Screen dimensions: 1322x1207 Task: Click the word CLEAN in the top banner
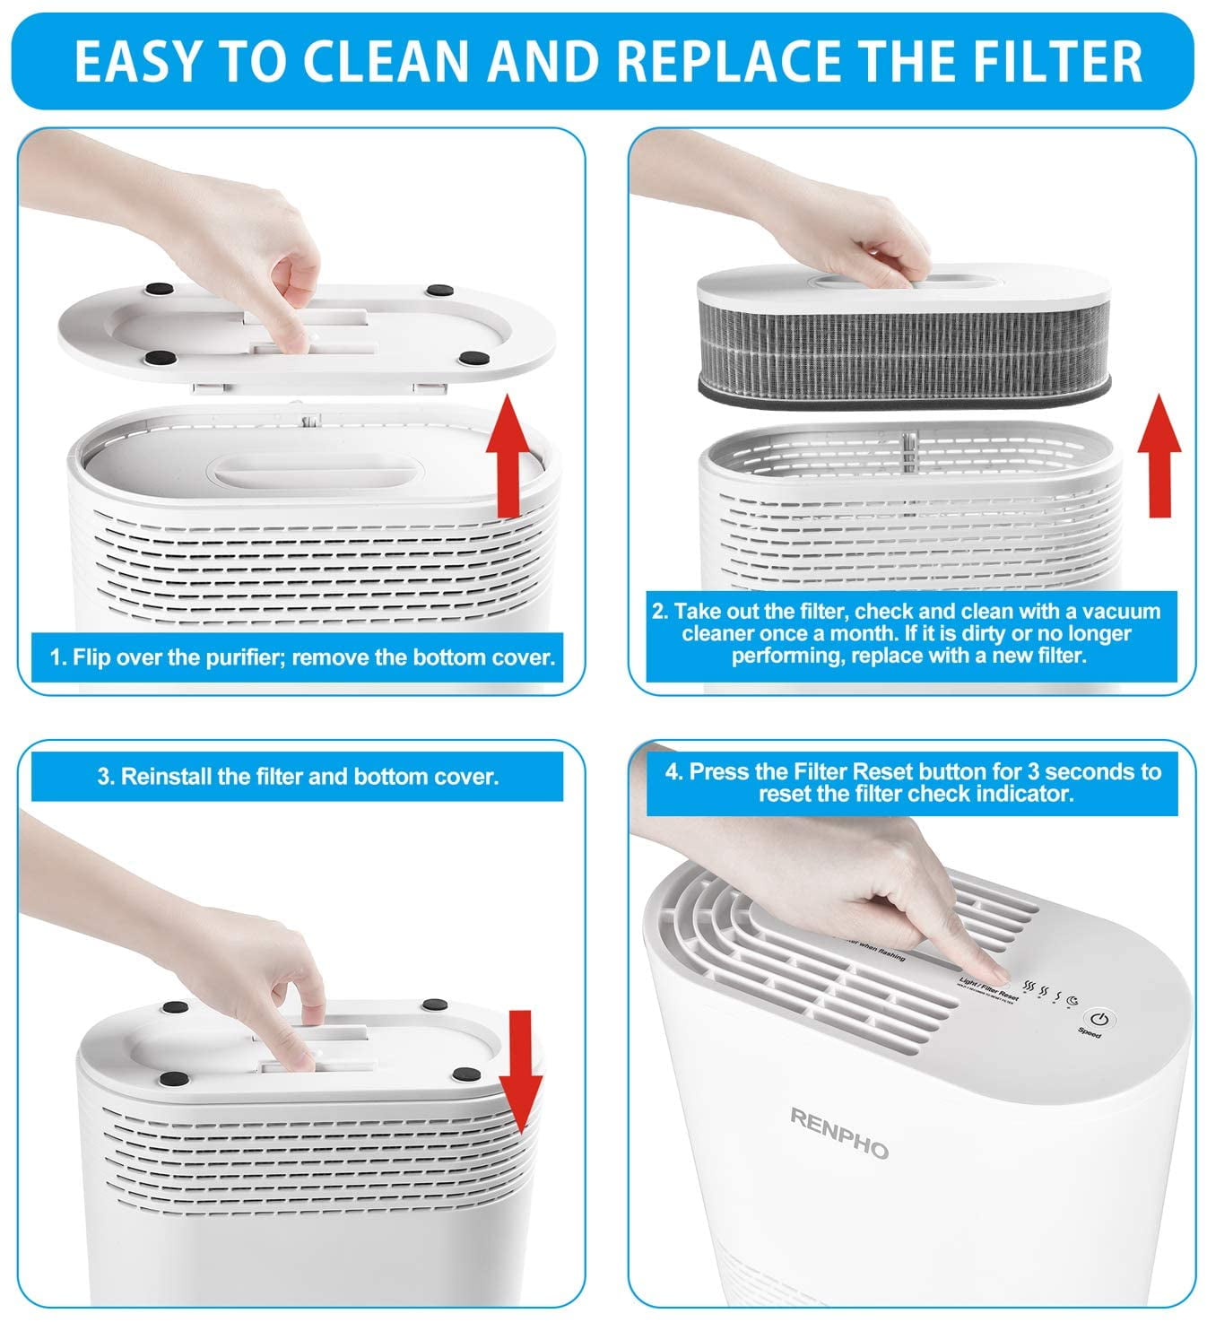click(386, 60)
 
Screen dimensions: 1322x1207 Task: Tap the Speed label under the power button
click(1089, 1032)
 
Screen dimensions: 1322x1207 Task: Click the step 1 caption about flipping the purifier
click(302, 657)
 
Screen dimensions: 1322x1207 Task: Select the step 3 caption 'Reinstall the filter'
click(298, 777)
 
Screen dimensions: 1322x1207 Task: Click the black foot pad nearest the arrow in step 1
click(468, 359)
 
